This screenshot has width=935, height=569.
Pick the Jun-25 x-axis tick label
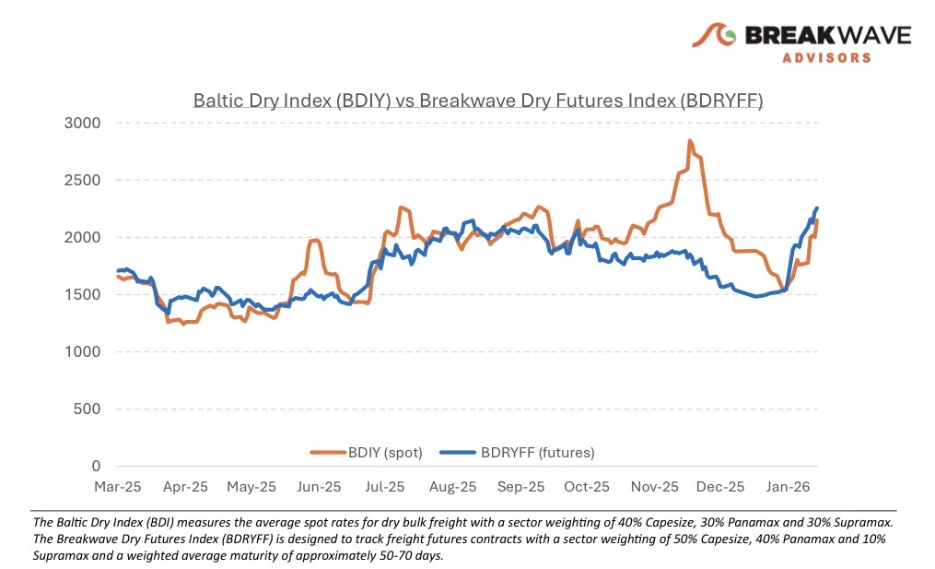320,486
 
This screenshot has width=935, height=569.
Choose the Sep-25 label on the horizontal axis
520,486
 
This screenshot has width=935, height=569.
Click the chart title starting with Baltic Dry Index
477,100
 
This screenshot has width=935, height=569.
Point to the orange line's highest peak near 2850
689,141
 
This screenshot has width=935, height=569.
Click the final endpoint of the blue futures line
816,208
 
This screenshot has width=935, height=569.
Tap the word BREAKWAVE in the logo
826,35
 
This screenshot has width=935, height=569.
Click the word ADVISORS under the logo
826,57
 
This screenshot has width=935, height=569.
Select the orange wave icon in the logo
715,36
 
